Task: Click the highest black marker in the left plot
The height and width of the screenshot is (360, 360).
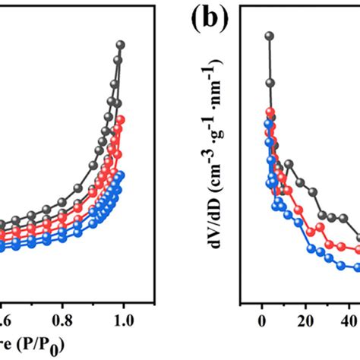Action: (x=121, y=44)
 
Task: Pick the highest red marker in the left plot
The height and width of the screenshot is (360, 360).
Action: (x=120, y=119)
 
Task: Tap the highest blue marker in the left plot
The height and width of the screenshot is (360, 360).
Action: (x=121, y=175)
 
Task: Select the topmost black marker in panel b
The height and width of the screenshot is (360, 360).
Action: (x=268, y=36)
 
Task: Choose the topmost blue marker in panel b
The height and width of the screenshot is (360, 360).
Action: (x=267, y=122)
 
